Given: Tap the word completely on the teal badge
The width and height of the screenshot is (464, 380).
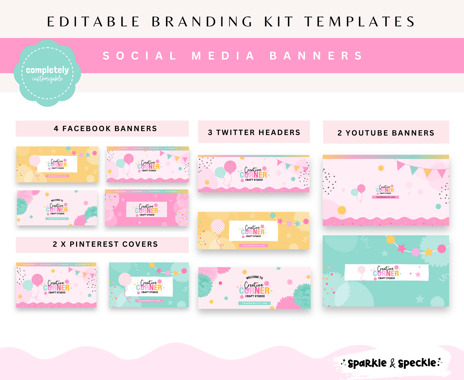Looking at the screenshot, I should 47,70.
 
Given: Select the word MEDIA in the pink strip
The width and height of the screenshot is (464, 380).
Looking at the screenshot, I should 223,56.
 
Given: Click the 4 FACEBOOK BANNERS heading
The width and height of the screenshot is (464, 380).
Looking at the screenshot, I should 105,129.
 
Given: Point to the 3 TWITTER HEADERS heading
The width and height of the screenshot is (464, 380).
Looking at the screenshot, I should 254,132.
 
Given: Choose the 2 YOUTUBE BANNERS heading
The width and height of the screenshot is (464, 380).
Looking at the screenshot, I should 386,133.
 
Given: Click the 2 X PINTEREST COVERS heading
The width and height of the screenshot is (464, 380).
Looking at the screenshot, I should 105,244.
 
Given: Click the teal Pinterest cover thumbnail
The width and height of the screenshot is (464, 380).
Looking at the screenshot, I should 149,285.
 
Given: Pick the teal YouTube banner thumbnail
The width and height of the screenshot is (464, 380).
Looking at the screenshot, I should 386,271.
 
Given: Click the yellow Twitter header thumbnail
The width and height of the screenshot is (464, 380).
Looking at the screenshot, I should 254,231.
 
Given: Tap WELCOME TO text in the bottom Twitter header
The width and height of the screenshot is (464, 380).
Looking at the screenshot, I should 254,277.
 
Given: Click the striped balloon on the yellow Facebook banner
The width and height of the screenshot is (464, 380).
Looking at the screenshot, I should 35,160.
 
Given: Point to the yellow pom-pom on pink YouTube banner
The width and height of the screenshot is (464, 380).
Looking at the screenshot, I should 342,210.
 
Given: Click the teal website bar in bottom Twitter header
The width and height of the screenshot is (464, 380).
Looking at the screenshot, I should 254,303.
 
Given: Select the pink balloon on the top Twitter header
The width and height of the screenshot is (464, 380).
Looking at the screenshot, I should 230,167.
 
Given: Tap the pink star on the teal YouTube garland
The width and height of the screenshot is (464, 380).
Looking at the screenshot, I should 401,248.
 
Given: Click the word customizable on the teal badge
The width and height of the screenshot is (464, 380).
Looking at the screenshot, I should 47,79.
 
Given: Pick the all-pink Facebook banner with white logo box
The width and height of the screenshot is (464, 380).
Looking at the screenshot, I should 146,208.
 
